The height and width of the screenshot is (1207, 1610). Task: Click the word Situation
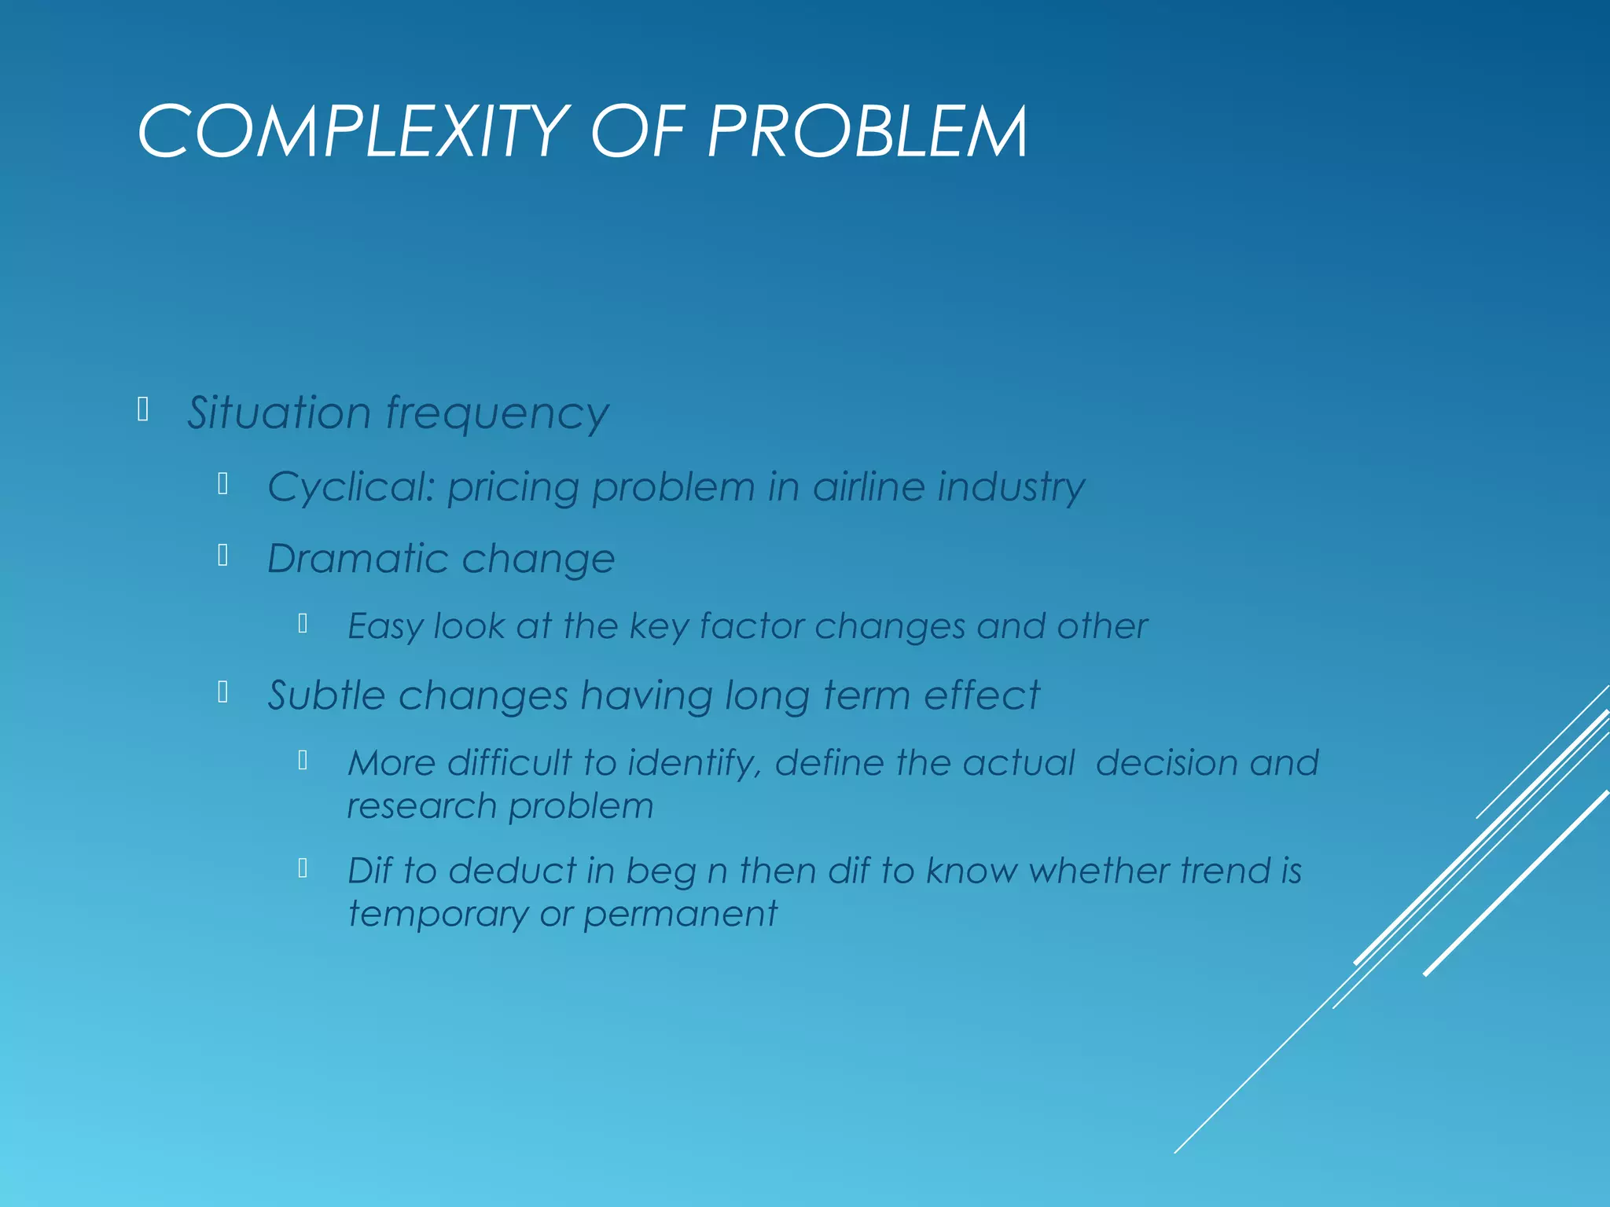pos(279,413)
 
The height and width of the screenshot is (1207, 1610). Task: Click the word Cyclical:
pos(351,488)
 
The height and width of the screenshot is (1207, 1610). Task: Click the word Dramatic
pos(358,559)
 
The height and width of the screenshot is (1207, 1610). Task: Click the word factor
pos(752,626)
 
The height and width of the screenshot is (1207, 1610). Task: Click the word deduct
pos(512,871)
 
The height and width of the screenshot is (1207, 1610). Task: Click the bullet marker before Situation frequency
pos(143,409)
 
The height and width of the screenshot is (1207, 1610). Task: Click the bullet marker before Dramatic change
pos(223,556)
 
